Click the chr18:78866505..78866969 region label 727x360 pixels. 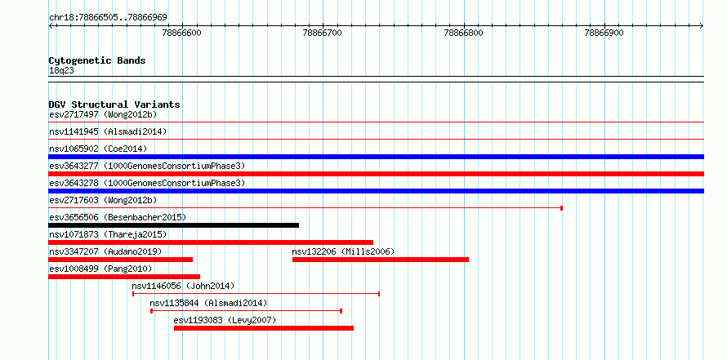pos(108,18)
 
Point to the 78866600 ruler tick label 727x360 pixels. pos(181,33)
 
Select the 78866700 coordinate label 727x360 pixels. pos(322,33)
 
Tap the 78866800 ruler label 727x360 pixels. pos(464,33)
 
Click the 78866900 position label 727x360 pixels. pos(604,33)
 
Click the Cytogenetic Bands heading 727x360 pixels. pos(97,60)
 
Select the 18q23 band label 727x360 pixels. pos(61,70)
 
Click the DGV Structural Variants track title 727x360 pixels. pos(114,104)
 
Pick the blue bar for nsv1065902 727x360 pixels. pos(376,157)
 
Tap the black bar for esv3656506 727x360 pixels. pos(173,225)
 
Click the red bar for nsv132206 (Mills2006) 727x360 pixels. pos(381,260)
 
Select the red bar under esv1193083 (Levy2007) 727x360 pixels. pos(264,328)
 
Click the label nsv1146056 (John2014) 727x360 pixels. pos(183,286)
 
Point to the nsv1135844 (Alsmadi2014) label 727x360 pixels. pos(208,303)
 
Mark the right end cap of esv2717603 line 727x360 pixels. pos(561,208)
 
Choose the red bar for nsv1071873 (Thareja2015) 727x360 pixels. pos(211,242)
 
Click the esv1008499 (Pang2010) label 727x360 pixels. pos(100,269)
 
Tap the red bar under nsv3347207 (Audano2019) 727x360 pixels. pos(121,260)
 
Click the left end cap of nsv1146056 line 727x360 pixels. pos(133,294)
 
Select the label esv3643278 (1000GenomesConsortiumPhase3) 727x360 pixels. pos(147,183)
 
